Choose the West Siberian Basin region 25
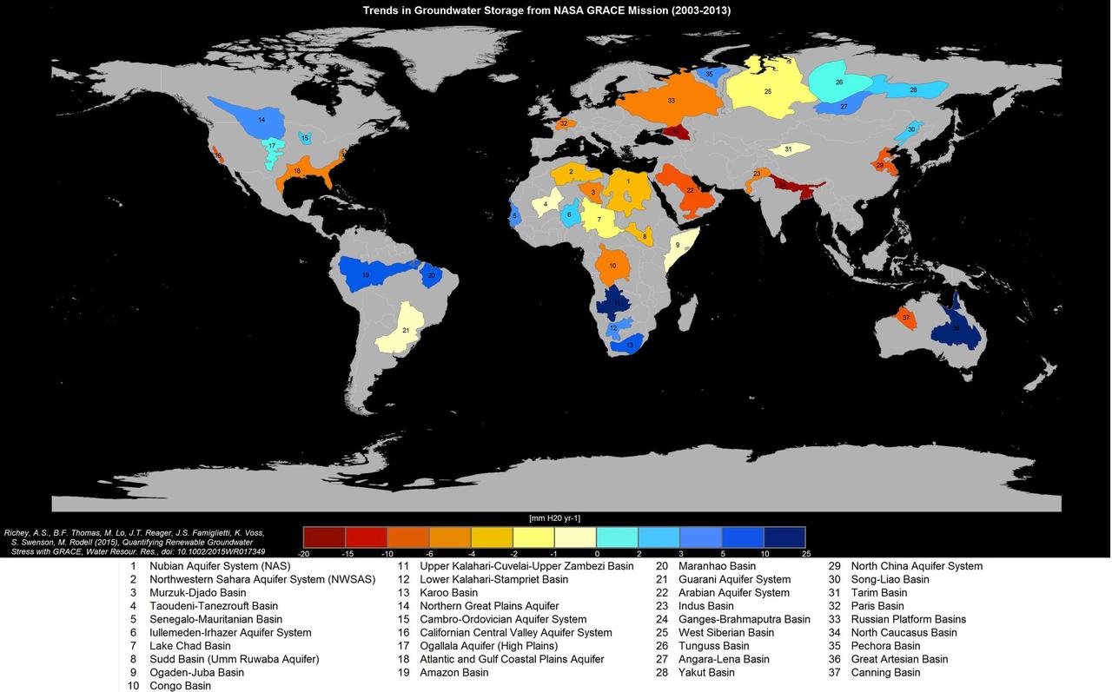pos(767,91)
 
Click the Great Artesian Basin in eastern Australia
pos(956,328)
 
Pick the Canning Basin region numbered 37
pos(906,318)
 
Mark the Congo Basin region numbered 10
pos(612,265)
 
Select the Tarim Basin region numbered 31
pos(788,149)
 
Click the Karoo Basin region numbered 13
pos(627,345)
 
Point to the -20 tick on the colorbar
pos(304,553)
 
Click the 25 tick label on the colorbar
pos(805,553)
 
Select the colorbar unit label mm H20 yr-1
pos(554,518)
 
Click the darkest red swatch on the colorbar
pos(324,537)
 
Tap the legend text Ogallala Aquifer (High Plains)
pos(488,646)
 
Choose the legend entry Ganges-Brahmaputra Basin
pos(744,619)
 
